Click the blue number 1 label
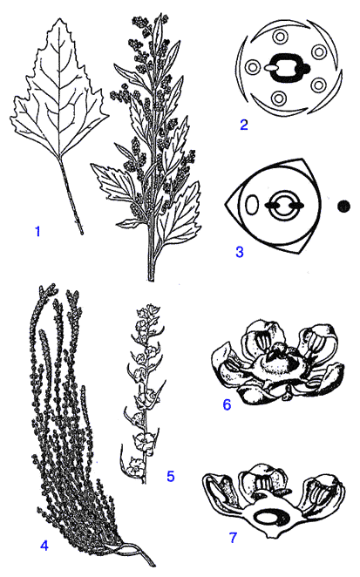click(37, 232)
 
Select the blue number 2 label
click(244, 125)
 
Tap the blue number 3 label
click(240, 252)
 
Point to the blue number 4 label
click(44, 546)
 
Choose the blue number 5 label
click(171, 476)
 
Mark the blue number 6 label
click(227, 404)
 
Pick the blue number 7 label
click(233, 538)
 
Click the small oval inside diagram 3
click(253, 205)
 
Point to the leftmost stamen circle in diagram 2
click(253, 68)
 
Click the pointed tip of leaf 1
click(57, 18)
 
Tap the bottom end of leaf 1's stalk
click(82, 234)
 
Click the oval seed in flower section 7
click(266, 519)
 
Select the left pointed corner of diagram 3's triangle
click(225, 203)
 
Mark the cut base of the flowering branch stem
click(151, 279)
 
